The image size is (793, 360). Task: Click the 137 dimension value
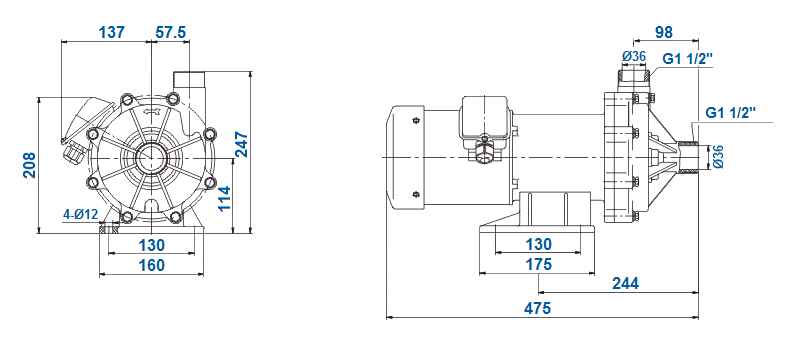click(x=111, y=32)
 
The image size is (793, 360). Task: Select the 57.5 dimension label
click(x=171, y=32)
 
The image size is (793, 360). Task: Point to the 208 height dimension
click(x=29, y=166)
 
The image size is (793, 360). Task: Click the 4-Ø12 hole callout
click(x=80, y=214)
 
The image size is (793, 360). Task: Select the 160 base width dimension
click(x=152, y=265)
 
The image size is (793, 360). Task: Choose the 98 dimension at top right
click(x=662, y=32)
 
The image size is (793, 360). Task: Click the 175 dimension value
click(x=538, y=265)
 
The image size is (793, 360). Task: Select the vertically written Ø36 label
click(x=718, y=159)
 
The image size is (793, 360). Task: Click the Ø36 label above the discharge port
click(x=633, y=57)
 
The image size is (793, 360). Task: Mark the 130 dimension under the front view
click(x=152, y=245)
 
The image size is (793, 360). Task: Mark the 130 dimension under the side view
click(x=538, y=245)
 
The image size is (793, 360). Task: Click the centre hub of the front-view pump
click(x=152, y=158)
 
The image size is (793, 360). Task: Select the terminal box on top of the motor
click(x=484, y=118)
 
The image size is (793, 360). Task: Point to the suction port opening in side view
click(x=689, y=159)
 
